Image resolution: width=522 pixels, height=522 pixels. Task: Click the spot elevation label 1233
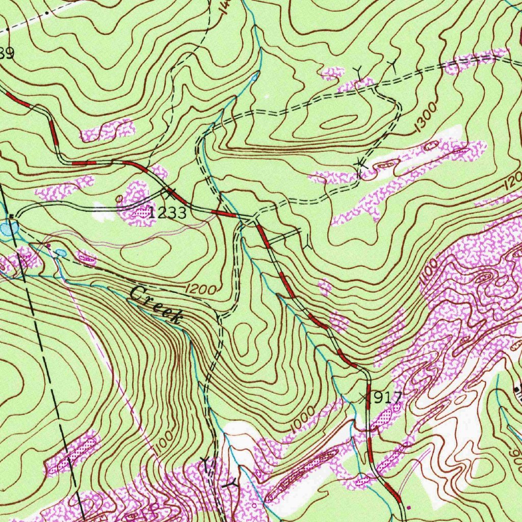pyautogui.click(x=168, y=214)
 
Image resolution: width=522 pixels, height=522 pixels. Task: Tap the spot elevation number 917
pyautogui.click(x=385, y=398)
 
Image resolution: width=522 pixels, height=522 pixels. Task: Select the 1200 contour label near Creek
pyautogui.click(x=201, y=289)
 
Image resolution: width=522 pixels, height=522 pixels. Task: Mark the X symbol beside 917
pyautogui.click(x=363, y=397)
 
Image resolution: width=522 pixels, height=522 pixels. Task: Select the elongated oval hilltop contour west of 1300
pyautogui.click(x=338, y=122)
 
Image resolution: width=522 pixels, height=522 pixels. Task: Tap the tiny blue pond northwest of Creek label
pyautogui.click(x=60, y=252)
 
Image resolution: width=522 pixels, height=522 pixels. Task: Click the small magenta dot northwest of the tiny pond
pyautogui.click(x=49, y=245)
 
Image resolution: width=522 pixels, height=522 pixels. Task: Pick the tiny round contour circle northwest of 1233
pyautogui.click(x=119, y=198)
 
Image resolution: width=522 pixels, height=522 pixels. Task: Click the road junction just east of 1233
pyautogui.click(x=251, y=220)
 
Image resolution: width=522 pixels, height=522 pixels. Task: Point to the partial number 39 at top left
pyautogui.click(x=6, y=54)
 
